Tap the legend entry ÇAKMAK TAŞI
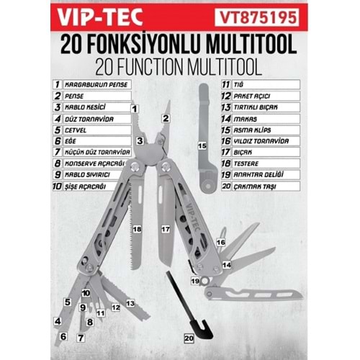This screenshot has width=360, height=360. [x=255, y=186]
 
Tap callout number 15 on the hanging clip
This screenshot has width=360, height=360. [x=202, y=145]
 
